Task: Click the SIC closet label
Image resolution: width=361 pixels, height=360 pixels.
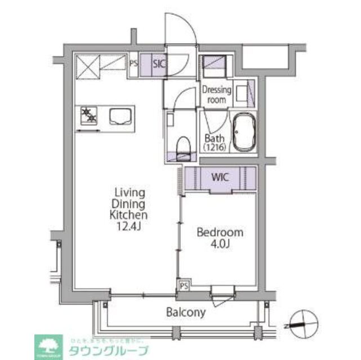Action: click(159, 64)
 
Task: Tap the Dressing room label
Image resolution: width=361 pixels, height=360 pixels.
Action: click(214, 94)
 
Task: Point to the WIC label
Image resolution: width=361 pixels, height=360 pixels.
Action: click(220, 177)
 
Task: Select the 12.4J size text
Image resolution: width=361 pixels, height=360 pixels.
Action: click(129, 226)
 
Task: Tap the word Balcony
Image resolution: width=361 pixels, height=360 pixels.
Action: click(185, 312)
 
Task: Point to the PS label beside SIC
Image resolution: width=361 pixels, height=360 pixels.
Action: click(133, 64)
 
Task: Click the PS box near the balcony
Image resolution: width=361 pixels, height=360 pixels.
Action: click(184, 286)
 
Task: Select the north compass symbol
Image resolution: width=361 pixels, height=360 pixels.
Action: click(302, 324)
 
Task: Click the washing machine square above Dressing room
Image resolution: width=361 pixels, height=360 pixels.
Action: click(215, 66)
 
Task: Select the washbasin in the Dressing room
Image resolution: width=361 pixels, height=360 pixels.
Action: click(244, 93)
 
